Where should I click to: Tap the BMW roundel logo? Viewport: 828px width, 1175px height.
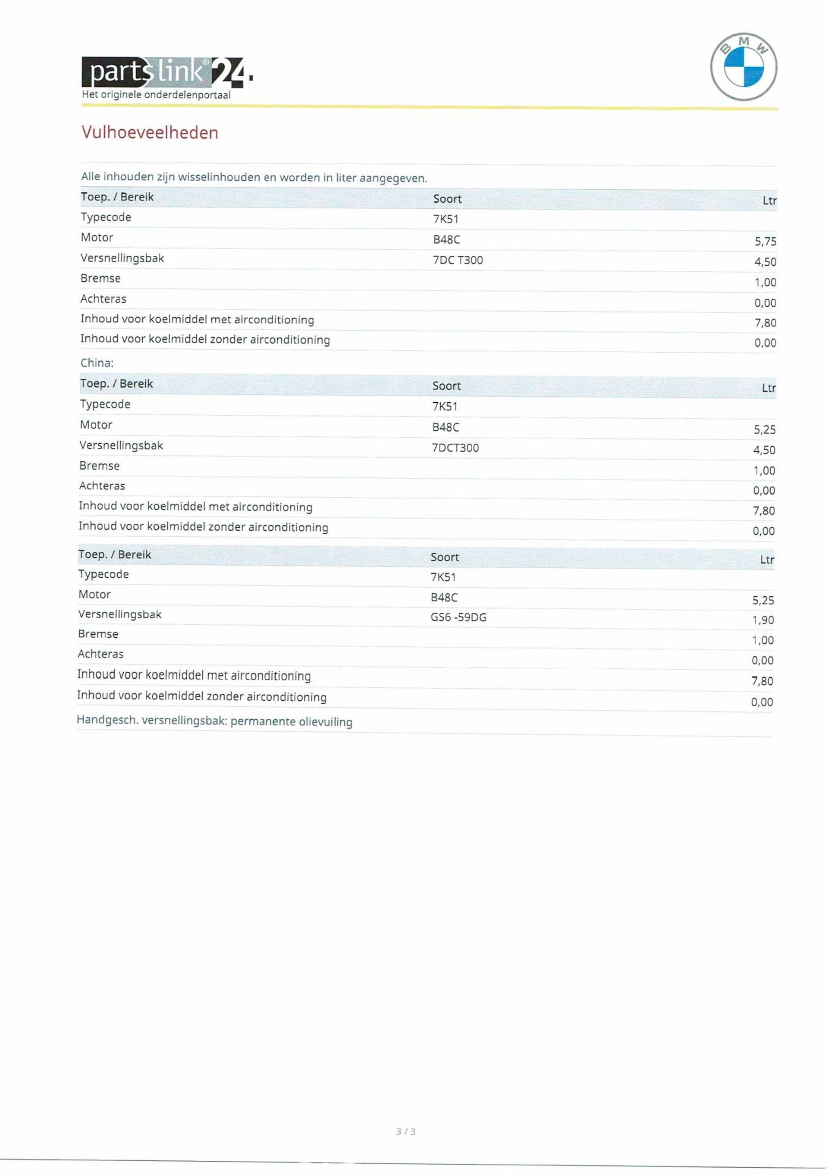click(x=743, y=67)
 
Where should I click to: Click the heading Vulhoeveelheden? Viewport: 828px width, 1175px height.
click(x=150, y=132)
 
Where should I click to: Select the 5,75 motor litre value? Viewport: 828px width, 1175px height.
click(x=765, y=241)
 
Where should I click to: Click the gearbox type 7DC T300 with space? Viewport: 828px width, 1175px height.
click(x=458, y=260)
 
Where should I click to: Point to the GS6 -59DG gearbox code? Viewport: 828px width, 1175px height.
click(x=458, y=617)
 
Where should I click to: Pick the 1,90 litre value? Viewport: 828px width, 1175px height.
click(x=762, y=620)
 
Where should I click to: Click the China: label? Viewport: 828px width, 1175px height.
click(x=97, y=363)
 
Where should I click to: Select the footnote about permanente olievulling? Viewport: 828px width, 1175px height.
click(x=214, y=721)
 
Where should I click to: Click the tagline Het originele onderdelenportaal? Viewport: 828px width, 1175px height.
click(x=156, y=95)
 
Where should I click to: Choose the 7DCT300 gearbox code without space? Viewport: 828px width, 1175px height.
click(x=455, y=448)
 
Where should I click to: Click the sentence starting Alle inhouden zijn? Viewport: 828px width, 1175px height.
click(x=254, y=178)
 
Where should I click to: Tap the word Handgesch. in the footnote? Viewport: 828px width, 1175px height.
click(x=107, y=720)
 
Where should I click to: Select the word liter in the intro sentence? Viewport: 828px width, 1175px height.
click(x=346, y=178)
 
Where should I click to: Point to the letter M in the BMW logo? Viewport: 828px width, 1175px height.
click(x=744, y=41)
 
